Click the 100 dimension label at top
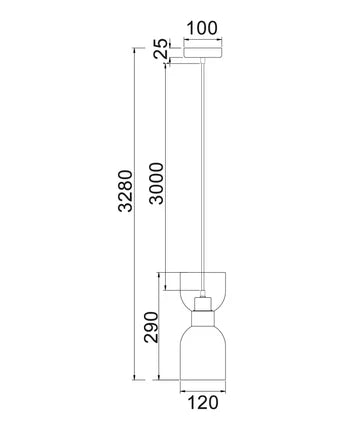pyautogui.click(x=202, y=28)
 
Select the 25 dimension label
pyautogui.click(x=160, y=49)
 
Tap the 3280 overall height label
pyautogui.click(x=126, y=191)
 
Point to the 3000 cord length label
pyautogui.click(x=157, y=183)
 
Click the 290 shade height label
pyautogui.click(x=151, y=327)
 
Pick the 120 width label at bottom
pyautogui.click(x=203, y=403)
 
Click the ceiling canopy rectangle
pyautogui.click(x=203, y=53)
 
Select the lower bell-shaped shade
pyautogui.click(x=203, y=353)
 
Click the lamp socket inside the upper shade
pyautogui.click(x=203, y=304)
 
